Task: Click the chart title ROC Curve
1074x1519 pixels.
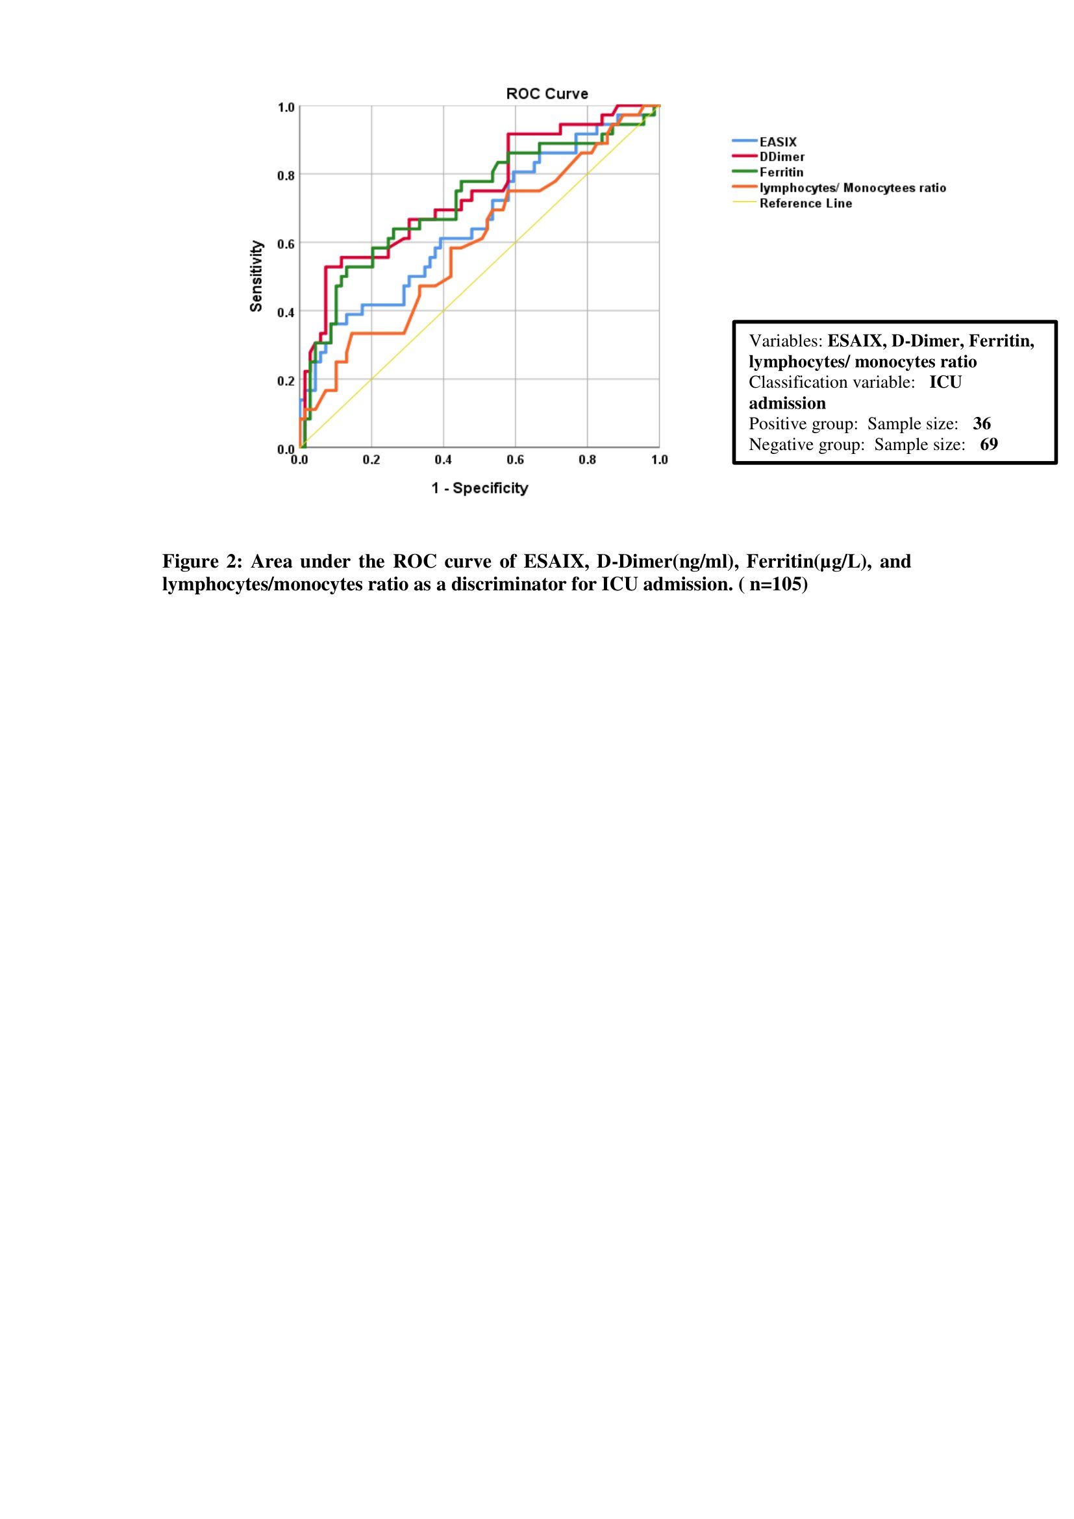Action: [546, 94]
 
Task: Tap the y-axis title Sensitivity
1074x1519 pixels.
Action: [256, 276]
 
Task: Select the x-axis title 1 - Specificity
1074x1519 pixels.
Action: [479, 488]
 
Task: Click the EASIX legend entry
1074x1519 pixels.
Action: [778, 142]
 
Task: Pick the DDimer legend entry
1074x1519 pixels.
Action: [782, 157]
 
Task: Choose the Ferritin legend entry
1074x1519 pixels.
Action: [781, 173]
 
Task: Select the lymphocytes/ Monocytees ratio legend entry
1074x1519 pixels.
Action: [852, 188]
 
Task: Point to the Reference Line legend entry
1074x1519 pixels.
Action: [805, 203]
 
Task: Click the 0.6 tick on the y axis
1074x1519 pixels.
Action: [286, 244]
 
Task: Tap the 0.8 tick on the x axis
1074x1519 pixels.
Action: [587, 460]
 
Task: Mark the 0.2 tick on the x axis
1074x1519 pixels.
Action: [371, 460]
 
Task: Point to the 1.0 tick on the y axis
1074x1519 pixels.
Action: [286, 107]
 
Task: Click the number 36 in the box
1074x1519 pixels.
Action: [981, 423]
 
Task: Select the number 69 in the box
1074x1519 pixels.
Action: [989, 444]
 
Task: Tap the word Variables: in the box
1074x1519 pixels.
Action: [786, 342]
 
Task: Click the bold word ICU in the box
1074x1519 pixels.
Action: [945, 383]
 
